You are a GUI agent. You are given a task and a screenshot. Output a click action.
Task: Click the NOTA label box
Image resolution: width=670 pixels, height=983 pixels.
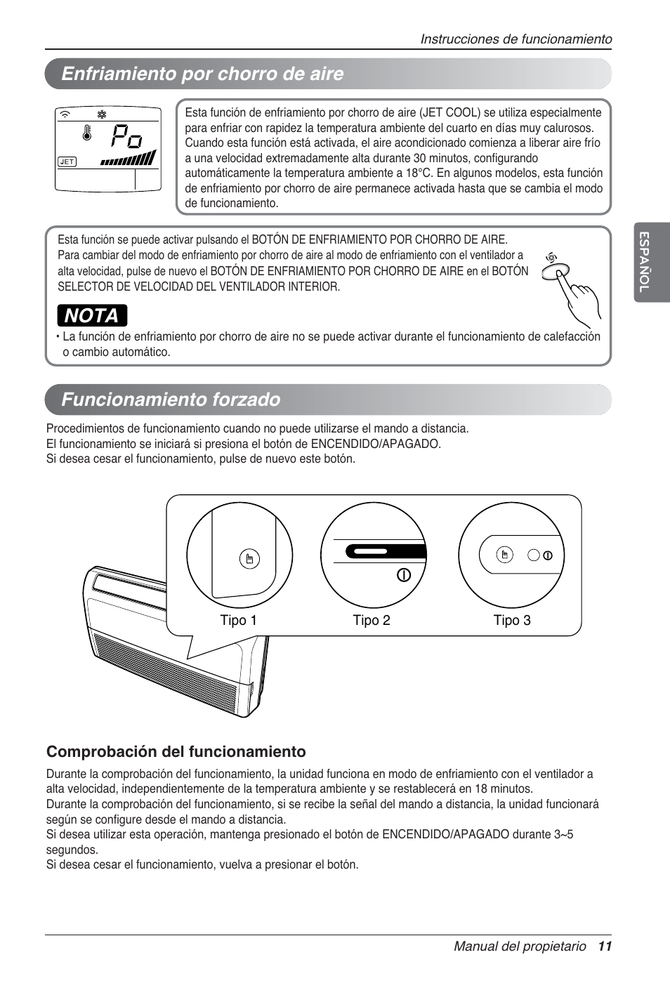coord(92,316)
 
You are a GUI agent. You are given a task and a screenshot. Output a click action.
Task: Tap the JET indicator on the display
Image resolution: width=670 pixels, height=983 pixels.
coord(67,161)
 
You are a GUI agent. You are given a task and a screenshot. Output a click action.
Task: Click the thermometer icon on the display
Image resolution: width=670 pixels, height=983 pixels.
coord(87,133)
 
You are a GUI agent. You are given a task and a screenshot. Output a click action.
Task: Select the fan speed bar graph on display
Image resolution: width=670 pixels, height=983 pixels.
coord(128,159)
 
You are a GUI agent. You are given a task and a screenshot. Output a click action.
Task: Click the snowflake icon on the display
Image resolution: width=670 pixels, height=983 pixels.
coord(102,114)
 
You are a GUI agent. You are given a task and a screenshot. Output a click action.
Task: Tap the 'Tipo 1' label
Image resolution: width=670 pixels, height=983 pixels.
coord(239,620)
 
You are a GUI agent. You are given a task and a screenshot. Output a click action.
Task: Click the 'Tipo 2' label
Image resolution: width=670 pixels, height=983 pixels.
coord(372,620)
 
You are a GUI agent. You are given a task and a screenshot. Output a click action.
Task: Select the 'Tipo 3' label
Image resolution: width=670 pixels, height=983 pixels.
coord(512,620)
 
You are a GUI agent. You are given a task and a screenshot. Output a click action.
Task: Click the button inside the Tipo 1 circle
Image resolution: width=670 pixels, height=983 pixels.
coord(249,559)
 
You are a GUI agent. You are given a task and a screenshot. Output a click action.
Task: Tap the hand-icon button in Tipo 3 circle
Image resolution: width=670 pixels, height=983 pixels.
coord(504,555)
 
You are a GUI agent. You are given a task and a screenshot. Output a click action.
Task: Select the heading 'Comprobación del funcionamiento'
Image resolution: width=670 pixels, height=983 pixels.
coord(176,752)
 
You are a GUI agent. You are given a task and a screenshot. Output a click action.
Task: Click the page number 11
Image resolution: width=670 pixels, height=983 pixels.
coord(605,946)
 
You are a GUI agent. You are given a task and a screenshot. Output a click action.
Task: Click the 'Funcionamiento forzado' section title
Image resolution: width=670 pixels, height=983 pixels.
coord(171,400)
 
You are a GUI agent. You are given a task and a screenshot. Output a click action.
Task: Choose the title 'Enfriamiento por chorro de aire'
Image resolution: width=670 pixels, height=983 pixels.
coord(202,74)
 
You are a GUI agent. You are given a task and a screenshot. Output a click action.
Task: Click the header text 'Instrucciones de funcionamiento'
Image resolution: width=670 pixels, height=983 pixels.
coord(516,39)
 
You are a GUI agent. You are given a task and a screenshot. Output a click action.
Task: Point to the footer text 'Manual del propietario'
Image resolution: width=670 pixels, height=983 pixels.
coord(520,946)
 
